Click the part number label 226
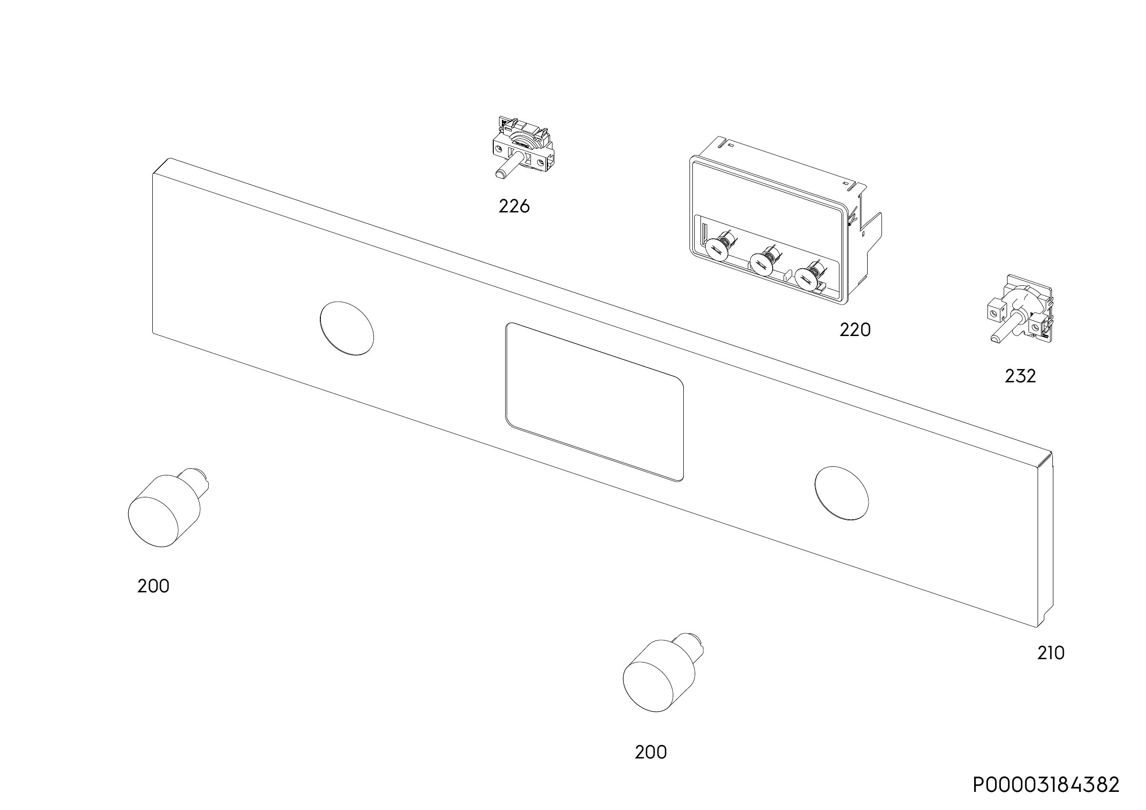coord(514,206)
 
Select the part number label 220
coord(855,330)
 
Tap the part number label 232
coord(1020,376)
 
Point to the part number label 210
coord(1050,653)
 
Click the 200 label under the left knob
coord(153,586)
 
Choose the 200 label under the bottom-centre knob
coord(650,752)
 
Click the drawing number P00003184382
coord(1046,785)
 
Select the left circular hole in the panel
coord(346,328)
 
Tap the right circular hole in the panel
coord(841,493)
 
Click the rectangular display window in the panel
coord(594,402)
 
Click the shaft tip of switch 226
coord(499,174)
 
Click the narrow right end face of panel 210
coord(1046,540)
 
